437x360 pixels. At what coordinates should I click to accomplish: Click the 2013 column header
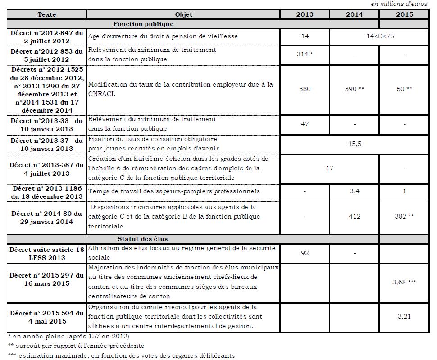[x=305, y=14]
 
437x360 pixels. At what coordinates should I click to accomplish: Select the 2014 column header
[x=354, y=14]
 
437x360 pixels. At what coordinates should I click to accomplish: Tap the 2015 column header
[x=404, y=14]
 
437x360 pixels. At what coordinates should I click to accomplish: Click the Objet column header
[x=183, y=14]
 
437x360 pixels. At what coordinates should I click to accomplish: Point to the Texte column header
[x=47, y=14]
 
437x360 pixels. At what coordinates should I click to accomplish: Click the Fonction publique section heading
[x=143, y=24]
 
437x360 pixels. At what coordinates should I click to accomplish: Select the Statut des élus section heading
[x=143, y=238]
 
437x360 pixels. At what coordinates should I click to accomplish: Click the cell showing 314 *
[x=305, y=54]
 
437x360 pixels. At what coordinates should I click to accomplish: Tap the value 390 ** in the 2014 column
[x=354, y=89]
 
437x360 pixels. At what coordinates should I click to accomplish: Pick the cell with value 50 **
[x=404, y=89]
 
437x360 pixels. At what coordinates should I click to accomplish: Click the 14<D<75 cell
[x=380, y=36]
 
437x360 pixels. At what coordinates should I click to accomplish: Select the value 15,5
[x=355, y=144]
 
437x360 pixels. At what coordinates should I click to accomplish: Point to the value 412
[x=354, y=216]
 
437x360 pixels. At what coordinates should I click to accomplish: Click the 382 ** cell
[x=404, y=216]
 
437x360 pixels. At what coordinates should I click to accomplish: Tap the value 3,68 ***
[x=404, y=282]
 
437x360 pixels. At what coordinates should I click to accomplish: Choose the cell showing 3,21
[x=404, y=316]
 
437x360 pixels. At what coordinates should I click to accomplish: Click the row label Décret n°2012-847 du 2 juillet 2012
[x=47, y=36]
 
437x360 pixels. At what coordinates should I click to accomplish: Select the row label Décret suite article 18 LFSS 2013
[x=47, y=253]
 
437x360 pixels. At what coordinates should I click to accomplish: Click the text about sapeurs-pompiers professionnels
[x=174, y=191]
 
